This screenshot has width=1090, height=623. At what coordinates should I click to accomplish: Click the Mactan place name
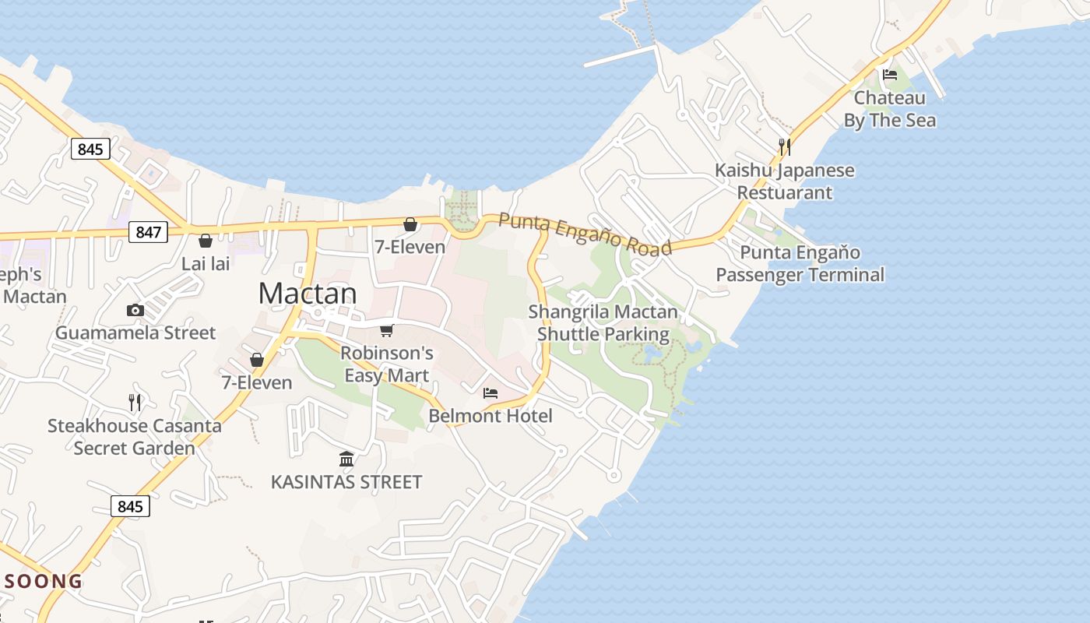click(308, 294)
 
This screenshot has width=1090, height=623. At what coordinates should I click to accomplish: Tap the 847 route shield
click(148, 231)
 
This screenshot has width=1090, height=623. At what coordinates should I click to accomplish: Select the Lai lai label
click(206, 263)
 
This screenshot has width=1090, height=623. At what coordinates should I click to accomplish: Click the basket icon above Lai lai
click(206, 241)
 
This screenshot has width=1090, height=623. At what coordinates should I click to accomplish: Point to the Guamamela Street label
click(135, 333)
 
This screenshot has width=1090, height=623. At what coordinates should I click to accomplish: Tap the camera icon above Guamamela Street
click(135, 311)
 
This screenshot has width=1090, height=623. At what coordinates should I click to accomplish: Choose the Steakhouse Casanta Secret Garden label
click(135, 437)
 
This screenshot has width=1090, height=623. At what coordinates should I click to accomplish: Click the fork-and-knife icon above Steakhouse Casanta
click(135, 402)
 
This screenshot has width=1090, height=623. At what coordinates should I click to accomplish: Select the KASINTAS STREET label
click(346, 482)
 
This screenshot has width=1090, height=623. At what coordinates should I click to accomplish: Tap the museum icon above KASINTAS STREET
click(347, 459)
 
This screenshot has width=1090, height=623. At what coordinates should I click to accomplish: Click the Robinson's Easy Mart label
click(387, 364)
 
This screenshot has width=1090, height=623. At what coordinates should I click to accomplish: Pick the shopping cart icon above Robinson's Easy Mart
click(387, 330)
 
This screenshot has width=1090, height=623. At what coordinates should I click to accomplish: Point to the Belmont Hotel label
click(490, 416)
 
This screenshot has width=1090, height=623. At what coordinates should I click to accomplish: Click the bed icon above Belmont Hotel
click(490, 393)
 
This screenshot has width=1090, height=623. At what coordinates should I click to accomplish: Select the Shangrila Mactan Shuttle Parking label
click(603, 323)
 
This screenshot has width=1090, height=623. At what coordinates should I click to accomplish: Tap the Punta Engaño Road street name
click(585, 234)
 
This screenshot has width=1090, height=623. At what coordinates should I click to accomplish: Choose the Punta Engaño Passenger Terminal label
click(800, 263)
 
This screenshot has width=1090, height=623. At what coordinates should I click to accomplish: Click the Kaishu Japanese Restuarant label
click(785, 181)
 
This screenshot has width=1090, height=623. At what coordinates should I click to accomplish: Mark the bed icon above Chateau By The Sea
click(890, 75)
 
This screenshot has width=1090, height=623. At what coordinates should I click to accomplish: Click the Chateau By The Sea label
click(890, 109)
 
